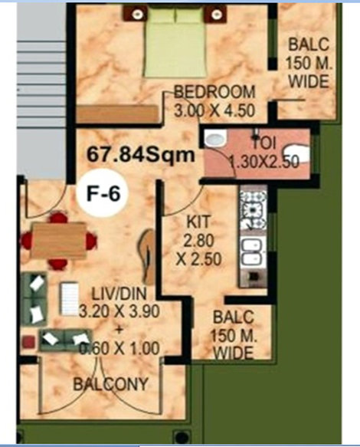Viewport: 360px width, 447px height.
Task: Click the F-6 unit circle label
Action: pyautogui.click(x=103, y=193)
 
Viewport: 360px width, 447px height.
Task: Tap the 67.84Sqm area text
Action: pyautogui.click(x=141, y=156)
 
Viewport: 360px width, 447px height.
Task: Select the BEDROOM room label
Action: pyautogui.click(x=214, y=92)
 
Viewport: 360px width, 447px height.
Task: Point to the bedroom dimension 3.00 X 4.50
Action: pyautogui.click(x=214, y=110)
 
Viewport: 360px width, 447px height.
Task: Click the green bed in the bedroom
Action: pyautogui.click(x=175, y=42)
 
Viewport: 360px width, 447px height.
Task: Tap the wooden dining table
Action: pyautogui.click(x=58, y=241)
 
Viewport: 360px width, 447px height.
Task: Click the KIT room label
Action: pyautogui.click(x=198, y=222)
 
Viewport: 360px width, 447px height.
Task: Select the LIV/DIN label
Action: pyautogui.click(x=119, y=294)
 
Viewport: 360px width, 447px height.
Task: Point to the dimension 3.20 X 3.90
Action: pyautogui.click(x=119, y=311)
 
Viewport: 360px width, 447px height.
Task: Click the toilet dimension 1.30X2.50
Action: pyautogui.click(x=264, y=162)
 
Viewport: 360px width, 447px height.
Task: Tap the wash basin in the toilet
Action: pyautogui.click(x=215, y=139)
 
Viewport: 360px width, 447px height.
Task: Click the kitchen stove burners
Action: pyautogui.click(x=254, y=210)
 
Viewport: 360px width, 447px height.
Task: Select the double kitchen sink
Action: pyautogui.click(x=252, y=251)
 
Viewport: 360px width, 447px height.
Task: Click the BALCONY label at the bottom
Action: pyautogui.click(x=111, y=384)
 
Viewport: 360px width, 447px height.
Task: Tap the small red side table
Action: pyautogui.click(x=28, y=342)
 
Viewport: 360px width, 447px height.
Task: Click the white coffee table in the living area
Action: pyautogui.click(x=69, y=299)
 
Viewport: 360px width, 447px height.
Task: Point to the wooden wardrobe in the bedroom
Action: pyautogui.click(x=117, y=114)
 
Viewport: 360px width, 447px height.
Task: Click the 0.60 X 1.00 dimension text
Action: pyautogui.click(x=119, y=348)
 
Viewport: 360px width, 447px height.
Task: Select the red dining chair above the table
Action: pyautogui.click(x=59, y=218)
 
